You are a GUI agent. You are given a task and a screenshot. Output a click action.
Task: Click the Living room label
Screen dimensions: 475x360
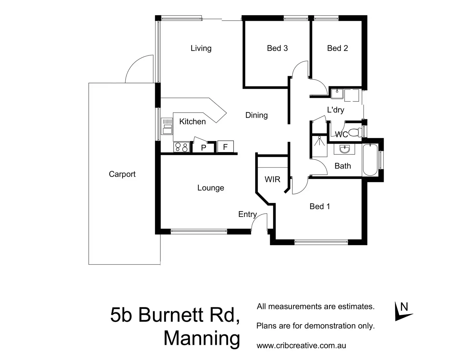pos(201,48)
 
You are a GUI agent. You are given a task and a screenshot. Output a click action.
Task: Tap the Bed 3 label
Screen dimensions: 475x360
pos(277,48)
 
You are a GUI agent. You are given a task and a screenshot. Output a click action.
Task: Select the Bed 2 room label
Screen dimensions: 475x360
pos(337,48)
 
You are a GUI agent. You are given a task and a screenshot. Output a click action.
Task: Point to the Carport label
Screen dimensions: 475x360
pos(122,174)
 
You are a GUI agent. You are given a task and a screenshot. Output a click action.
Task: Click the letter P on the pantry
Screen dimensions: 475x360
pos(204,148)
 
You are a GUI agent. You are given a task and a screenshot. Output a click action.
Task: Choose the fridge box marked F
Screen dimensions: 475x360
pos(225,147)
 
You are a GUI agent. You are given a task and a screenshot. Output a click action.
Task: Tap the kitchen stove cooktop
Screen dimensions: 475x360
pos(181,147)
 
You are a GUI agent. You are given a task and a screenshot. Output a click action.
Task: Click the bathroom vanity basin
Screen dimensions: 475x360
pos(345,149)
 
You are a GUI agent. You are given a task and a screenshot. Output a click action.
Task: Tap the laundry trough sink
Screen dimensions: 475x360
pos(337,93)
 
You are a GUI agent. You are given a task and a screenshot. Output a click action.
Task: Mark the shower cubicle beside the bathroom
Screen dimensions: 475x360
pos(319,146)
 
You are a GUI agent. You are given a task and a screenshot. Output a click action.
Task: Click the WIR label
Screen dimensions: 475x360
pos(272,180)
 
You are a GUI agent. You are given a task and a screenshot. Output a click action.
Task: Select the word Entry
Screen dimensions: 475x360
pos(247,214)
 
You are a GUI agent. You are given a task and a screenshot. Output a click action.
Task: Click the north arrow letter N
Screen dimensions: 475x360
pos(404,307)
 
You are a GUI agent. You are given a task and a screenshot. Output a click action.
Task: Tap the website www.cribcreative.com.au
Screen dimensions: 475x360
pos(301,346)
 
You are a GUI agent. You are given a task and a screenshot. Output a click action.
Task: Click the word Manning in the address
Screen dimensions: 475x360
pos(202,338)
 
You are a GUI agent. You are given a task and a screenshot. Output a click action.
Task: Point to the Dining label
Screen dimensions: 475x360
pos(256,115)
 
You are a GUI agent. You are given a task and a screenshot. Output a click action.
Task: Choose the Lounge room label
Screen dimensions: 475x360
pos(210,188)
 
